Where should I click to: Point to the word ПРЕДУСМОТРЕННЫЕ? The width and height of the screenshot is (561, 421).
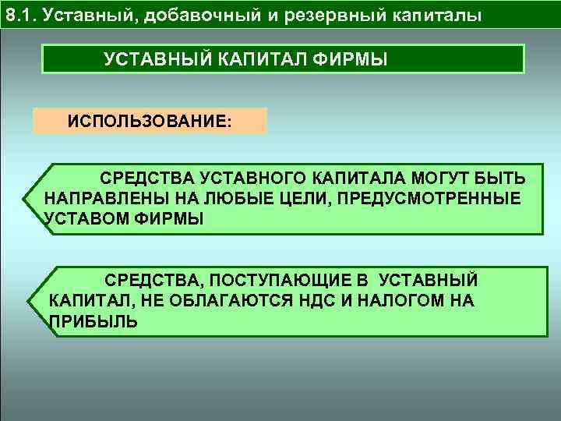[429, 198]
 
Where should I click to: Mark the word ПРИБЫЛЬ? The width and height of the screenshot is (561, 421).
[93, 320]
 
